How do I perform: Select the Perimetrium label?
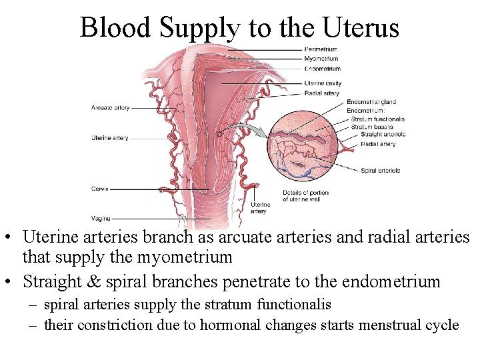click(x=321, y=49)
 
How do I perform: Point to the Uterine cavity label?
click(x=323, y=83)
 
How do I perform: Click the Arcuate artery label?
click(x=111, y=107)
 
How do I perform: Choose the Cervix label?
click(x=99, y=189)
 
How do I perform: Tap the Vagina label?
click(x=101, y=218)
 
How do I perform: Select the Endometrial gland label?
click(x=371, y=102)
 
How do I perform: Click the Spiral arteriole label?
click(x=381, y=170)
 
